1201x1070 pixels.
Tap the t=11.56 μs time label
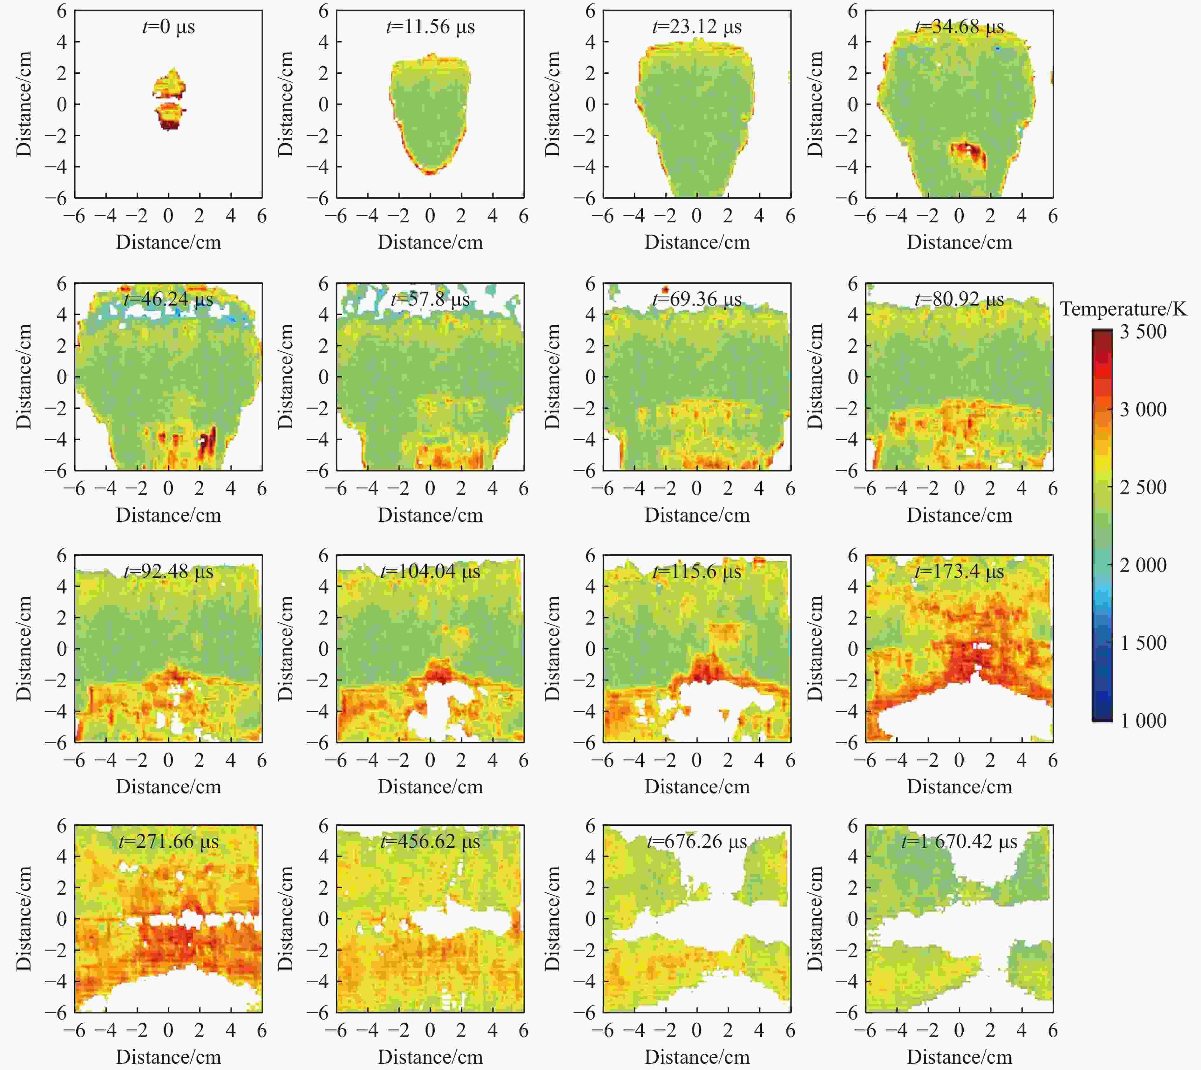(430, 27)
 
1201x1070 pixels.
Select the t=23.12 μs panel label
(697, 27)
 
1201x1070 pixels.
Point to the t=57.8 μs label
(430, 300)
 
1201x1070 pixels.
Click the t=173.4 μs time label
(960, 572)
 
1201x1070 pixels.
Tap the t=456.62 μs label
(430, 842)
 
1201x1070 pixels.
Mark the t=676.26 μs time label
(697, 842)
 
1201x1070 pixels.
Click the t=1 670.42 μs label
(960, 842)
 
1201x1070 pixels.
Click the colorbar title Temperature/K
(1123, 309)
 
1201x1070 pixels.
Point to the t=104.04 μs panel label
(430, 572)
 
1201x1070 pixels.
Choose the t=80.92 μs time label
(960, 300)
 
